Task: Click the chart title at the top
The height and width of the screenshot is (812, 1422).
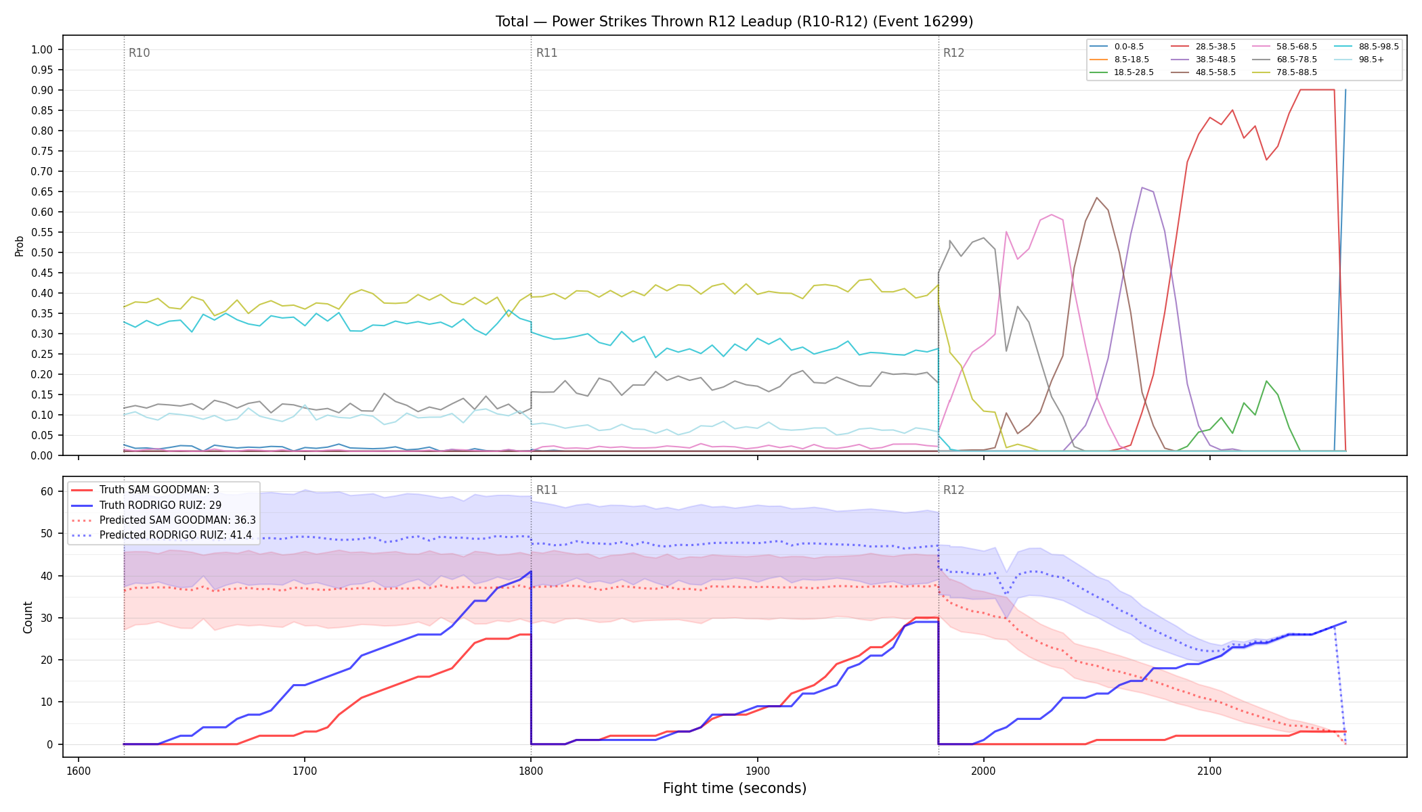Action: (734, 22)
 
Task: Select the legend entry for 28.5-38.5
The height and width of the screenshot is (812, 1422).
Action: (1203, 47)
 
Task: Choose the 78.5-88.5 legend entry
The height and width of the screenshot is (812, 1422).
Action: (1285, 72)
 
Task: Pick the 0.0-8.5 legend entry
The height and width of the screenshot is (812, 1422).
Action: (1117, 47)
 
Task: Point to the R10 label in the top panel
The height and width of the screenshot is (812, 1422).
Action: (139, 53)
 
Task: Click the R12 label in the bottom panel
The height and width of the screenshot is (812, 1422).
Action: (953, 490)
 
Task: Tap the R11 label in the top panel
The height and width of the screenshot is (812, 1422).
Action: (546, 53)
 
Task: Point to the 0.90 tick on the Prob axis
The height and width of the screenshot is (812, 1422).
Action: (42, 90)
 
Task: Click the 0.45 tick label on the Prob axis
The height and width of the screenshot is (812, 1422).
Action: (42, 273)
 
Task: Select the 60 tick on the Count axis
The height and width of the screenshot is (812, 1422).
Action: (47, 491)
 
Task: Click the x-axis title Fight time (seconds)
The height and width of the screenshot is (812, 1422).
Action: (735, 788)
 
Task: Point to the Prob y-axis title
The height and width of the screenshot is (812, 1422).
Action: (19, 246)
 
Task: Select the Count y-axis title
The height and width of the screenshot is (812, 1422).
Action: (28, 617)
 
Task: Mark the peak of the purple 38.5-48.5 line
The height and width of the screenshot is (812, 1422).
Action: (1142, 187)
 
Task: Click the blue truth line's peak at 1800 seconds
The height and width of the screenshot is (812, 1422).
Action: (531, 572)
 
